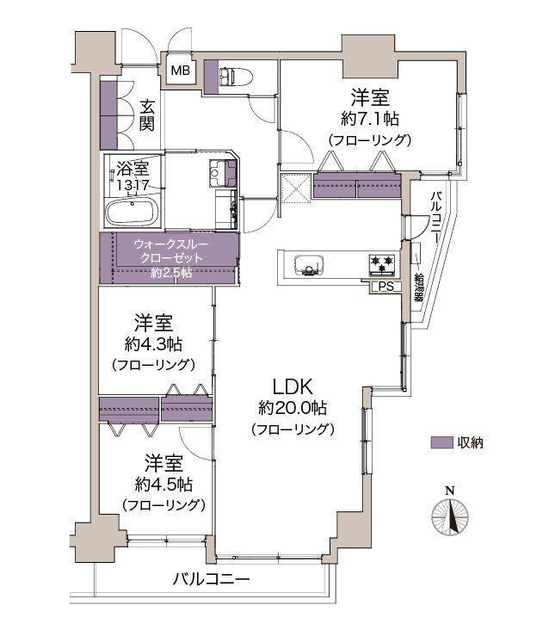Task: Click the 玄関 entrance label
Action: [147, 114]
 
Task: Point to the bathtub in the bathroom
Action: [133, 212]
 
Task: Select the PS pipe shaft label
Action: [384, 287]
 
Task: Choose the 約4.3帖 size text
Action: [153, 344]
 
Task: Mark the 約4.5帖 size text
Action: [162, 482]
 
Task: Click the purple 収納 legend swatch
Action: [441, 442]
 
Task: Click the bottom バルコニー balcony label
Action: [210, 579]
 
